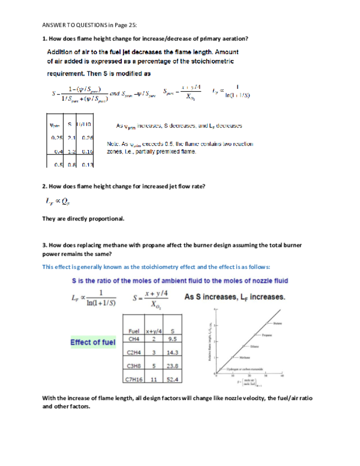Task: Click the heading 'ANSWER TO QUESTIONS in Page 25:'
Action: click(89, 25)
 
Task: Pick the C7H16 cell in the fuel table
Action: click(136, 379)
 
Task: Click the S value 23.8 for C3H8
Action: click(173, 366)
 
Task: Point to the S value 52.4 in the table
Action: click(173, 379)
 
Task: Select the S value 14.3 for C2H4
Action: click(173, 353)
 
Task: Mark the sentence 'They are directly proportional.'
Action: click(83, 219)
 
